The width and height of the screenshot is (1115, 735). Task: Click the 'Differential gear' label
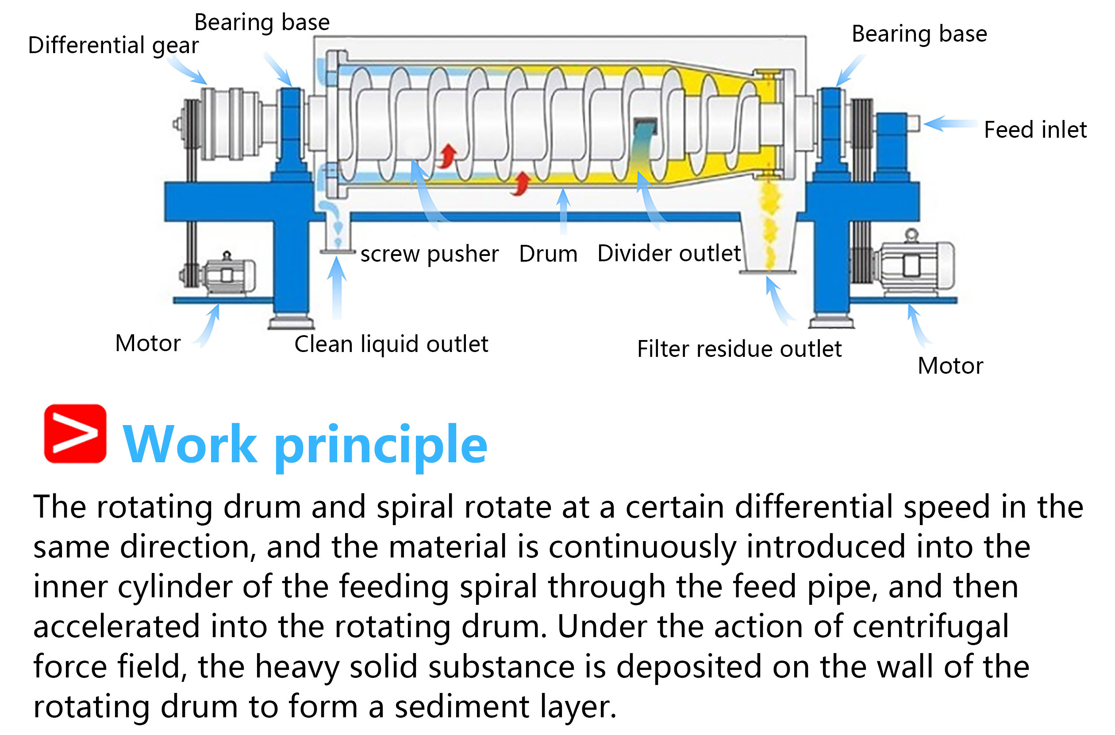[113, 46]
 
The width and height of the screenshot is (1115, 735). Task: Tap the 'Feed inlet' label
[1035, 130]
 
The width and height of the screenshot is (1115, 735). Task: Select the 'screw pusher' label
[429, 254]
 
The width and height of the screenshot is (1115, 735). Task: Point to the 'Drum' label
[548, 254]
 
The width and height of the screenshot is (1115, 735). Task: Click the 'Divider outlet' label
[669, 254]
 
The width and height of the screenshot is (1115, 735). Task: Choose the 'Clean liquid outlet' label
[391, 344]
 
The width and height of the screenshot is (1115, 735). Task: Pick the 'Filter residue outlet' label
[739, 349]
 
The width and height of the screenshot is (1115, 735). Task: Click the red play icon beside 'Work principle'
[75, 433]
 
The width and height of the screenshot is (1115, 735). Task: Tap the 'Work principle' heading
[305, 445]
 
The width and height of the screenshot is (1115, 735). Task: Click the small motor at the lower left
[225, 274]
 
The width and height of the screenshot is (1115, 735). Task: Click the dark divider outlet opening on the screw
[645, 126]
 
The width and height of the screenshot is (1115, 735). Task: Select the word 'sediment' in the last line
[461, 707]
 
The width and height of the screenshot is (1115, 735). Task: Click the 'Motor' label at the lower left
[148, 343]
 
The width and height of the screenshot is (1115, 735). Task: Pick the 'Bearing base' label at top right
[919, 34]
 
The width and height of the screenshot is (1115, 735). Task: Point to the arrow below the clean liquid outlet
[336, 288]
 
